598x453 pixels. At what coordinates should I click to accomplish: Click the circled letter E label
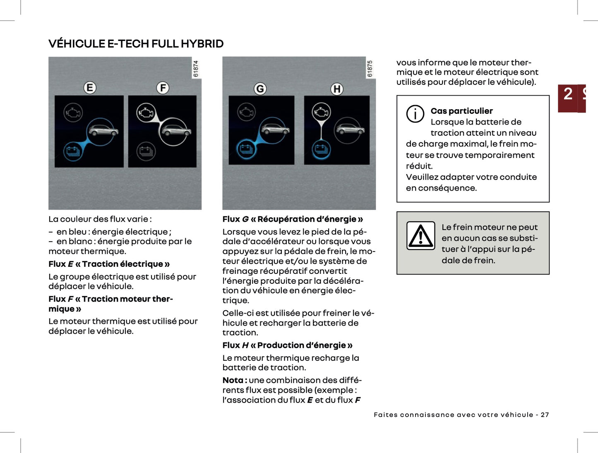[x=90, y=88]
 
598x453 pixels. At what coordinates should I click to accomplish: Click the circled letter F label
[x=163, y=88]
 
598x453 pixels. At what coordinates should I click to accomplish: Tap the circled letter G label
[x=260, y=89]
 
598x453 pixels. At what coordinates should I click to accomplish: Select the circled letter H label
[x=337, y=89]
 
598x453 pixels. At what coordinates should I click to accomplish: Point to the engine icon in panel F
[x=146, y=112]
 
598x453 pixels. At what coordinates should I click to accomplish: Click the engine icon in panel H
[x=321, y=112]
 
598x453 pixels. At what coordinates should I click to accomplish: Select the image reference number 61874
[x=196, y=69]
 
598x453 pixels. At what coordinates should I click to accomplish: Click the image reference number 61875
[x=370, y=69]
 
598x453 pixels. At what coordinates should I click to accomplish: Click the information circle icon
[x=415, y=114]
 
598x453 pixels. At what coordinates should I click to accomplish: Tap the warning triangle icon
[x=421, y=236]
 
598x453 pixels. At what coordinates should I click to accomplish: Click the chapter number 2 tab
[x=568, y=94]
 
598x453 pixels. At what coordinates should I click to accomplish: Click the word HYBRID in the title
[x=202, y=44]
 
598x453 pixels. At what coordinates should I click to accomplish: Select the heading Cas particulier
[x=461, y=111]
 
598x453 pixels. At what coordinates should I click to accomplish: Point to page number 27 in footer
[x=545, y=415]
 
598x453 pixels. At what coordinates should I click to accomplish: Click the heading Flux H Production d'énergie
[x=287, y=345]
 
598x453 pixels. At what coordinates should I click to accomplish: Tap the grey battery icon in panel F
[x=146, y=151]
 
